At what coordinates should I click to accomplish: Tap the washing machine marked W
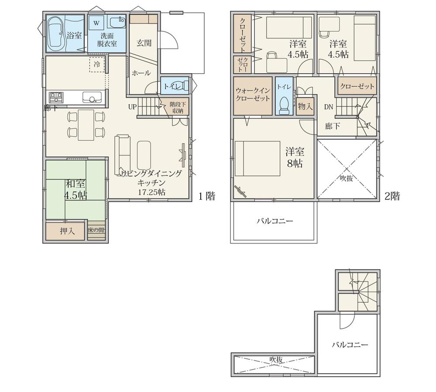96,23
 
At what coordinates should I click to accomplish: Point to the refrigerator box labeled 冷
97,64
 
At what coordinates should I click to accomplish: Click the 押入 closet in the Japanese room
66,231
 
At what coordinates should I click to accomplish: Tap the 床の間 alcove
96,231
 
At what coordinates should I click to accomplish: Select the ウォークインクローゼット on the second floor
253,95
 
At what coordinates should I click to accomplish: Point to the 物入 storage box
305,106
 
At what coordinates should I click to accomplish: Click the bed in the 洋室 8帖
257,158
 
